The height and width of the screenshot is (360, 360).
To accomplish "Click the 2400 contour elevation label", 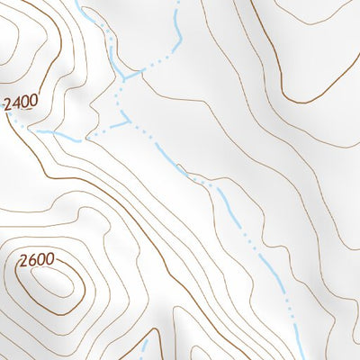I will click(x=20, y=103).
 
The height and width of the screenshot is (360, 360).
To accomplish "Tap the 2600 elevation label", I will click(x=37, y=261).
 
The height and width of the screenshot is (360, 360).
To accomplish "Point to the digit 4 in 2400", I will click(x=16, y=103).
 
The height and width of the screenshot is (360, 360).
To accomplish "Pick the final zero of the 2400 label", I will click(x=33, y=103).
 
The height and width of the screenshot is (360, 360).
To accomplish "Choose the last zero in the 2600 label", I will click(x=50, y=261).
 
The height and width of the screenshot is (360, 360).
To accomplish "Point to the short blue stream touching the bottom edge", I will click(x=143, y=349).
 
